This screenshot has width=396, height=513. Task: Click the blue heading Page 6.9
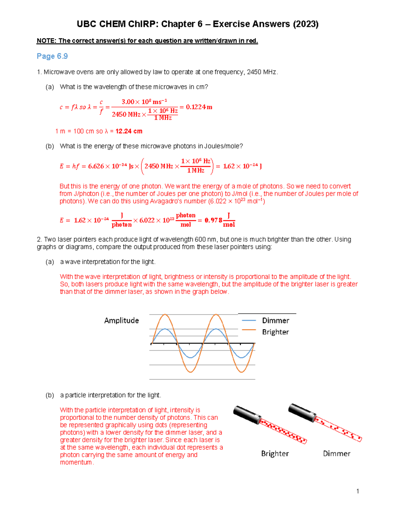pyautogui.click(x=52, y=56)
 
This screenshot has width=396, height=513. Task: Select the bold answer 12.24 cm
pyautogui.click(x=129, y=131)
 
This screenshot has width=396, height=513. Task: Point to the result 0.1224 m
pyautogui.click(x=199, y=107)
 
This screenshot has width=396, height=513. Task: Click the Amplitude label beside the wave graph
pyautogui.click(x=121, y=320)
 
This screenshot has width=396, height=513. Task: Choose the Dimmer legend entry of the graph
pyautogui.click(x=275, y=320)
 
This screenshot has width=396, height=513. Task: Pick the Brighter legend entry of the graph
pyautogui.click(x=275, y=332)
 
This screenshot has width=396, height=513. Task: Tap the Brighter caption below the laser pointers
pyautogui.click(x=275, y=454)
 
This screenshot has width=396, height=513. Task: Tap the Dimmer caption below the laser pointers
pyautogui.click(x=337, y=454)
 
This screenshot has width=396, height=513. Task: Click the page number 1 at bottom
pyautogui.click(x=358, y=491)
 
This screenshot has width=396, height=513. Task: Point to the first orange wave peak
pyautogui.click(x=165, y=315)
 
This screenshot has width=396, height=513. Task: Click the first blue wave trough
pyautogui.click(x=190, y=357)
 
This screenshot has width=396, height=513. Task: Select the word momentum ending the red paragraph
pyautogui.click(x=76, y=462)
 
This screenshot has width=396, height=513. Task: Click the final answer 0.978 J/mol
pyautogui.click(x=219, y=220)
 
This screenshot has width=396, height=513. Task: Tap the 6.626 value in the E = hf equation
pyautogui.click(x=96, y=166)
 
